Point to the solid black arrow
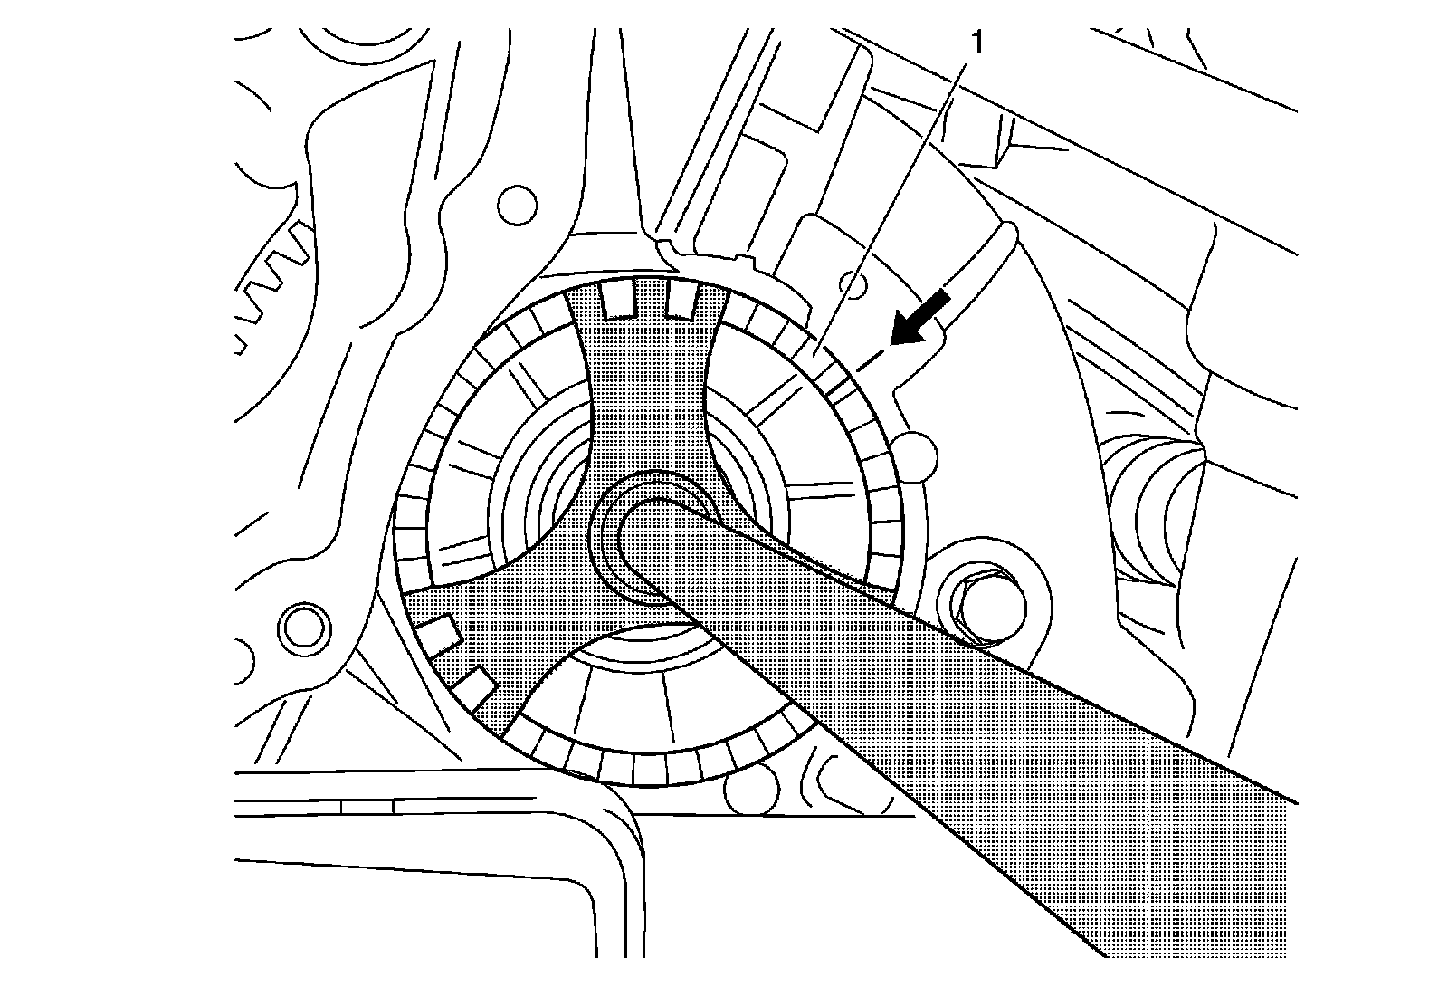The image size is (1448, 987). pos(920,320)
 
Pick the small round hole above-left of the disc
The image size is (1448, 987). pos(518,205)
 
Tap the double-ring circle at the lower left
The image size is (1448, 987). pos(300,628)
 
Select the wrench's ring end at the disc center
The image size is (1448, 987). pos(648,543)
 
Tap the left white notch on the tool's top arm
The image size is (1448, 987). pos(615,302)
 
